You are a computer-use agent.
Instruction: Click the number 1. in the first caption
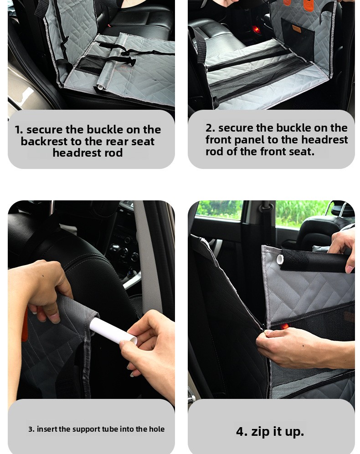tap(19, 130)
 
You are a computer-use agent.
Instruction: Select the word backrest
tap(44, 142)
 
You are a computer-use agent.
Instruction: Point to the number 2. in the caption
tap(210, 128)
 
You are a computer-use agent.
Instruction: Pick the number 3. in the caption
tap(31, 429)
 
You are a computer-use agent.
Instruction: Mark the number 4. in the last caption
tap(242, 431)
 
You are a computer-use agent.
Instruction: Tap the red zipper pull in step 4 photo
tap(285, 326)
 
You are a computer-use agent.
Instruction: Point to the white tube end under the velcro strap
tap(280, 259)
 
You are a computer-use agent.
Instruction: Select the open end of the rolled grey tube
tap(100, 87)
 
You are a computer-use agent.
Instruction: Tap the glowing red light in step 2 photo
tap(255, 29)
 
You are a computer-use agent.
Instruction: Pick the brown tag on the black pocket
tap(297, 29)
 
